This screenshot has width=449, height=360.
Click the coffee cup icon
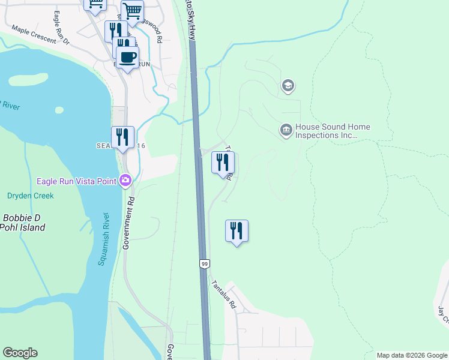click(x=127, y=58)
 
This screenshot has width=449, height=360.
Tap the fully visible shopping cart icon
click(x=132, y=10)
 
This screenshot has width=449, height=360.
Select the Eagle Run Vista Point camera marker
click(x=125, y=180)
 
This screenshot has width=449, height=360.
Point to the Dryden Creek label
click(x=30, y=196)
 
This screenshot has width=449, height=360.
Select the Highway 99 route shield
click(x=204, y=263)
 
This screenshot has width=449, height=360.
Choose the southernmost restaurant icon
click(x=237, y=230)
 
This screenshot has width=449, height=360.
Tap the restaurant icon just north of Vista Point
click(x=122, y=137)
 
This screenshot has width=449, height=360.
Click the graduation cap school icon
click(x=288, y=86)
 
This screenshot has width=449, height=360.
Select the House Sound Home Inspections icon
click(x=286, y=130)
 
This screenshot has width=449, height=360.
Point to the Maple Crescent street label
click(x=34, y=35)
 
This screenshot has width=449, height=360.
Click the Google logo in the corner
click(x=20, y=353)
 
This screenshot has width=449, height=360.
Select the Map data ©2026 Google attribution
click(x=412, y=355)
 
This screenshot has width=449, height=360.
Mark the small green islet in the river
click(x=59, y=110)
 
